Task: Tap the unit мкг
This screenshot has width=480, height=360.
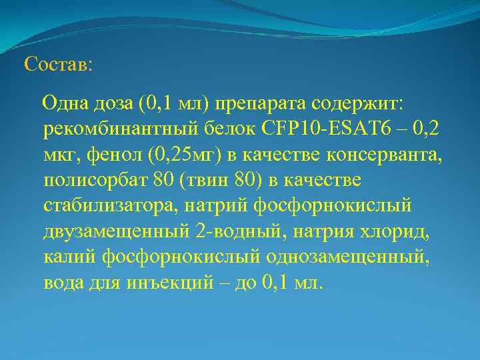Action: tap(61, 155)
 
